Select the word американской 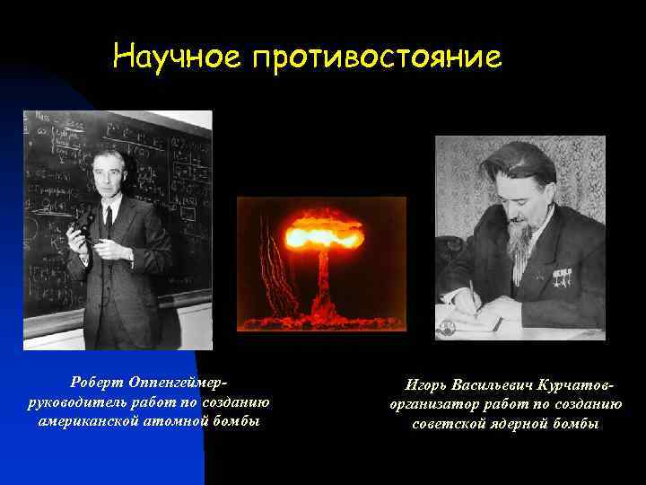90,420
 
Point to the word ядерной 527,425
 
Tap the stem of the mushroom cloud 324,287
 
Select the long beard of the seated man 519,242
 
